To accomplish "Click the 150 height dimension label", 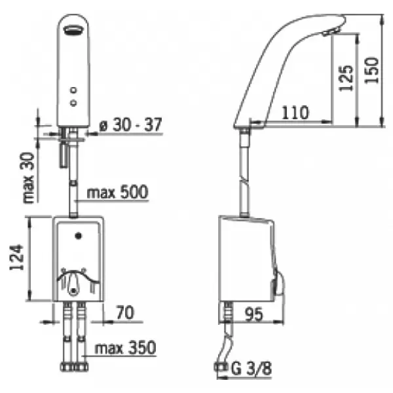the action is (x=371, y=71).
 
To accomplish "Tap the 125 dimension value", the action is (x=346, y=78).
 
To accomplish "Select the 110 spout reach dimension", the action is (x=295, y=113).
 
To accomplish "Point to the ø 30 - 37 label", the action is (x=130, y=124).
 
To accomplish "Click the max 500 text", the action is (x=117, y=192).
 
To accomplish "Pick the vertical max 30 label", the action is (x=28, y=178).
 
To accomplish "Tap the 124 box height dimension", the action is (x=17, y=257).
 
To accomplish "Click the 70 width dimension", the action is (x=125, y=312).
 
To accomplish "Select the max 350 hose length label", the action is (x=125, y=348).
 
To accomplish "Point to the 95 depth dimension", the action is (x=254, y=314).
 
